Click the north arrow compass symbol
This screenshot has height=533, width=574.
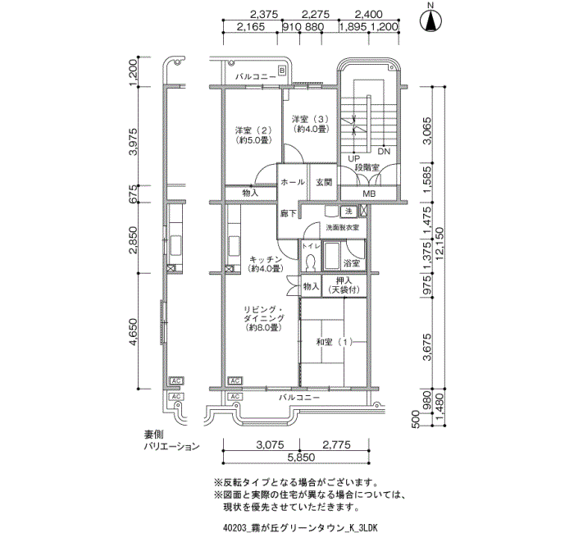coord(428,20)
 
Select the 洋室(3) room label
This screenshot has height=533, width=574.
coord(311,124)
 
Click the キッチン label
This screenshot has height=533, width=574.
coord(265,263)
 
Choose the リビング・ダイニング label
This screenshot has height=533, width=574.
coord(264,319)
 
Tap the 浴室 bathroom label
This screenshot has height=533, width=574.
coord(352,263)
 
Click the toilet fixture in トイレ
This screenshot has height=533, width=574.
coord(310,262)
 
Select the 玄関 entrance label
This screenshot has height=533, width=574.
coord(322,182)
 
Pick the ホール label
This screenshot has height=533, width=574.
coord(293,182)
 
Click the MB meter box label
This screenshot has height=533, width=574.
coord(369,194)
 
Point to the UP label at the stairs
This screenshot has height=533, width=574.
coord(354,158)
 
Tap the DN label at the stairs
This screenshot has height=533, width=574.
coord(384,152)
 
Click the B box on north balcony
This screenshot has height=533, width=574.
coord(281,72)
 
